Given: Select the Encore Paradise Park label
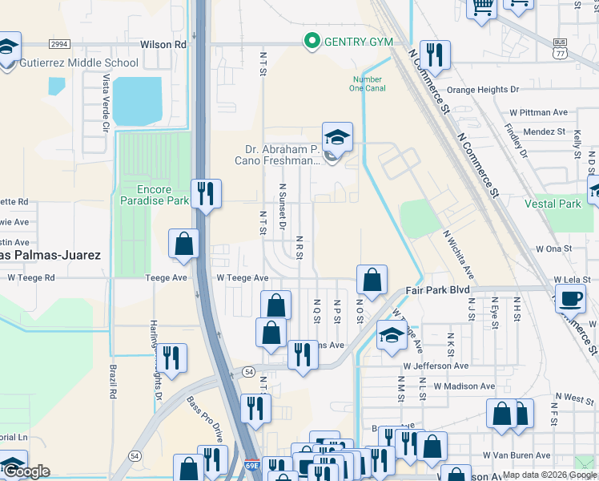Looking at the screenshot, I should [x=143, y=195].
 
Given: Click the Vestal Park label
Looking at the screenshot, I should [x=553, y=204].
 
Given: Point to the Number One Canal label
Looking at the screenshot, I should [x=369, y=83].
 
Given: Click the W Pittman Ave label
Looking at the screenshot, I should [x=538, y=113].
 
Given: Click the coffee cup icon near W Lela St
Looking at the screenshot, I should [x=571, y=298].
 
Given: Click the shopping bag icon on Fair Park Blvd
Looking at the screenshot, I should [x=372, y=281].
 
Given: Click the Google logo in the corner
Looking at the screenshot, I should [x=26, y=471].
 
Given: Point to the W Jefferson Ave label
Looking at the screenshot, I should [x=436, y=366].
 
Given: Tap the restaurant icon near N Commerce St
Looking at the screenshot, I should [x=435, y=55].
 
